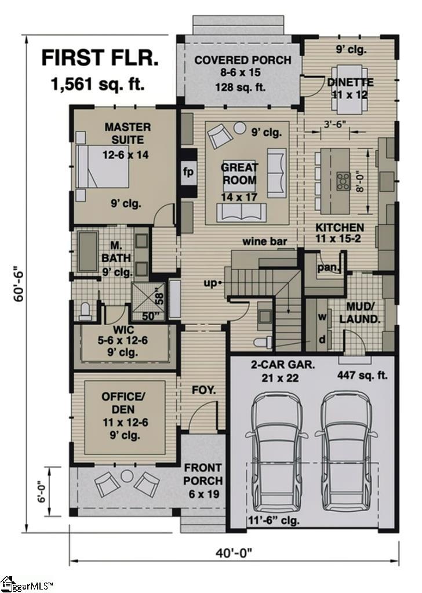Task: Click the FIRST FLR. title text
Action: click(x=100, y=59)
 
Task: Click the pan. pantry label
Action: click(x=329, y=267)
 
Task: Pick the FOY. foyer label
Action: click(x=203, y=391)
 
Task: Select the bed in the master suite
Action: click(x=103, y=165)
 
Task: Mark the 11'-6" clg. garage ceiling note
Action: click(x=274, y=520)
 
